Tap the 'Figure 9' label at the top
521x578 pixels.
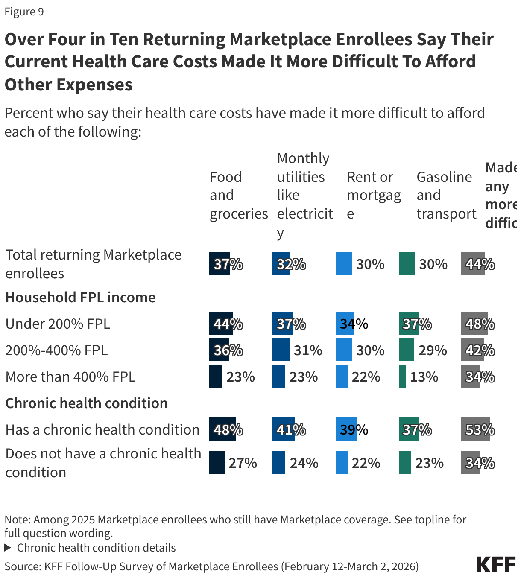coord(24,12)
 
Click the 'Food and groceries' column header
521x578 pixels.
coord(238,195)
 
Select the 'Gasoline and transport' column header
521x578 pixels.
coord(446,195)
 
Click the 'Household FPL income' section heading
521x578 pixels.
coord(80,297)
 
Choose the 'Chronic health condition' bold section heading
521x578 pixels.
coord(86,403)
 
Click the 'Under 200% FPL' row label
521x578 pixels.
coord(58,324)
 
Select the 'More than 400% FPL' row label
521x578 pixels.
coord(70,377)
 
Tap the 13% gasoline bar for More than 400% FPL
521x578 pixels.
coord(402,377)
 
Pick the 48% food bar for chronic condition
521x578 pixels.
coord(222,429)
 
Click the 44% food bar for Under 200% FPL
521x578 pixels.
coord(221,324)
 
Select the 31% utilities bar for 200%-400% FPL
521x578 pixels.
coord(281,350)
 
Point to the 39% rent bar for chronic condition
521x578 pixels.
coord(346,429)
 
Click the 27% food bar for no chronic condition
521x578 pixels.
coord(217,463)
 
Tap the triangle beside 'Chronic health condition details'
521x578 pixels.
coord(8,548)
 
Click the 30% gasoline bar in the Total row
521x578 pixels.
coord(407,264)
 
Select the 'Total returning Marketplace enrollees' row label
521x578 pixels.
coord(93,264)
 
